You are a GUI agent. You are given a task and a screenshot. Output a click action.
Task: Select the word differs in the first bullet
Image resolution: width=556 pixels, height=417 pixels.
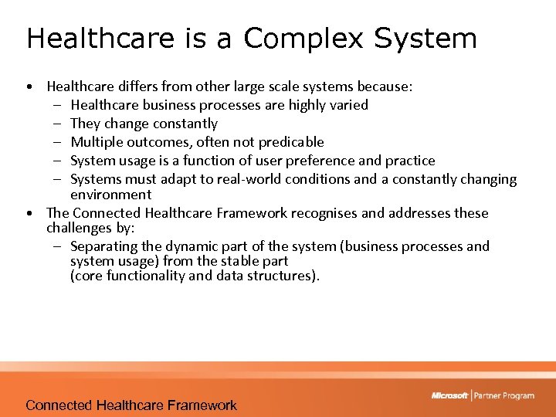(130, 86)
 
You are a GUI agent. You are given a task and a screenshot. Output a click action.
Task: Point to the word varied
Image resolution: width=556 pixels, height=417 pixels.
(348, 105)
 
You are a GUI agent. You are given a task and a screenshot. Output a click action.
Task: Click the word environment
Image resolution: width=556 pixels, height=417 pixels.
(110, 195)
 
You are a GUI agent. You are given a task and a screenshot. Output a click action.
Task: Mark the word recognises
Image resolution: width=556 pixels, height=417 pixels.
(325, 213)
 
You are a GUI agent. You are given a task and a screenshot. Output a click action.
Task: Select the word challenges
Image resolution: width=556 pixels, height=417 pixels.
(78, 228)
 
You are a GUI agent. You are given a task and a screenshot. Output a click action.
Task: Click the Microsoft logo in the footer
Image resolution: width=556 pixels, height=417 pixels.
(449, 395)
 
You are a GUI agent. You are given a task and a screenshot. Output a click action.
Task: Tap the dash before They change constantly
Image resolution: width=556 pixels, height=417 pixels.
(58, 124)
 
